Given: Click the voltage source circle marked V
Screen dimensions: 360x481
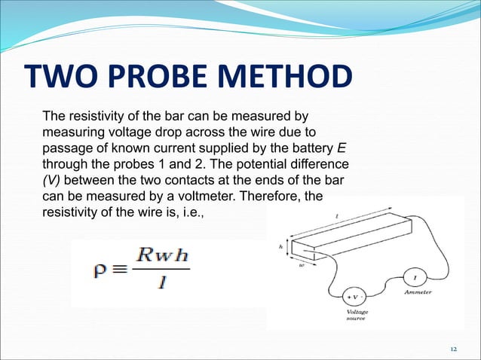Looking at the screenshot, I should pos(354,295).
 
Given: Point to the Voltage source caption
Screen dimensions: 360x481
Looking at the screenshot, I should pos(357,315).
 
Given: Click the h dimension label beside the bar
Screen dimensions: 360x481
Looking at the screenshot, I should pos(281,246).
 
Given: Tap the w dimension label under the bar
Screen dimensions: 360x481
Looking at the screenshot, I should pos(301,264).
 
